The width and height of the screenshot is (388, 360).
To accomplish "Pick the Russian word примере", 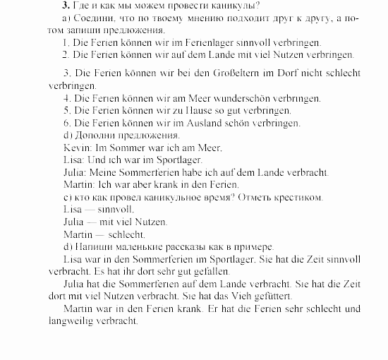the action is click(252, 247).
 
